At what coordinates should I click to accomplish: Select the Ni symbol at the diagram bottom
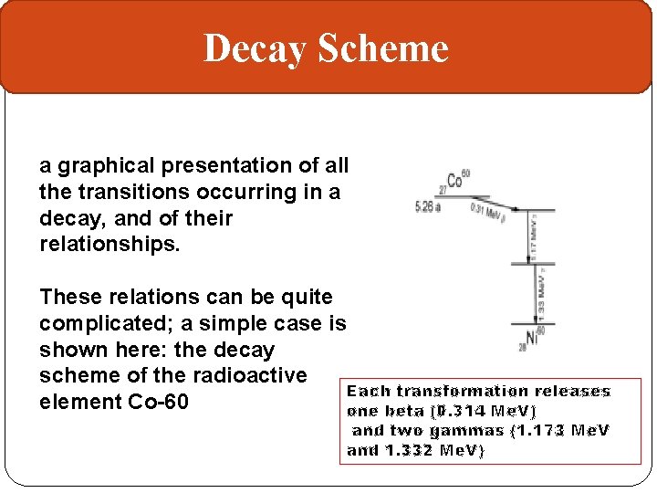tap(533, 338)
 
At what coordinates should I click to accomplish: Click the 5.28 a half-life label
tap(427, 207)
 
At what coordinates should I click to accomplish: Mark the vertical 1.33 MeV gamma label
tap(542, 294)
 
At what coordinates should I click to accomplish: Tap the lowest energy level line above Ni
tap(533, 323)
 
